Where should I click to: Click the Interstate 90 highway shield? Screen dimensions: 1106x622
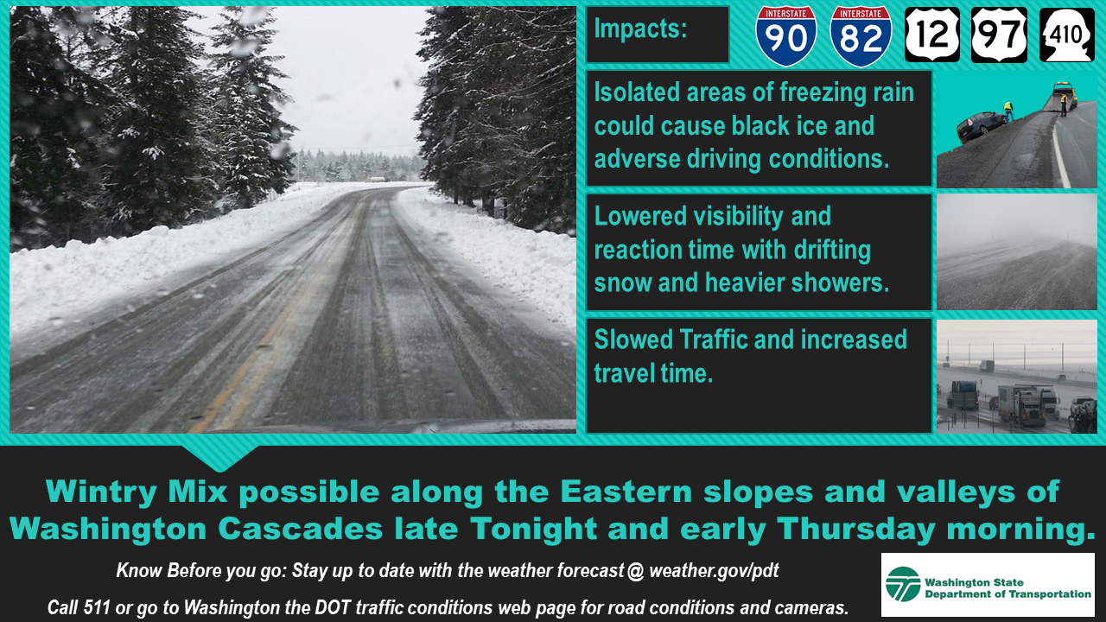pyautogui.click(x=786, y=36)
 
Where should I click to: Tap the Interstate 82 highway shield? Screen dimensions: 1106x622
pyautogui.click(x=861, y=36)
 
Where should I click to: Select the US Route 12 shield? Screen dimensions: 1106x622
pyautogui.click(x=932, y=35)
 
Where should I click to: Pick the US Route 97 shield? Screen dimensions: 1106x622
pyautogui.click(x=1000, y=35)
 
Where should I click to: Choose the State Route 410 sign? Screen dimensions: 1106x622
pyautogui.click(x=1067, y=35)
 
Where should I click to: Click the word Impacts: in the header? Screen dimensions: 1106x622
pyautogui.click(x=640, y=29)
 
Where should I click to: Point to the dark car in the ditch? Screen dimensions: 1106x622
pyautogui.click(x=982, y=126)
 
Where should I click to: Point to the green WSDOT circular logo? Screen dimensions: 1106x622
pyautogui.click(x=903, y=584)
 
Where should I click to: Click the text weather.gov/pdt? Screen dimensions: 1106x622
pyautogui.click(x=714, y=571)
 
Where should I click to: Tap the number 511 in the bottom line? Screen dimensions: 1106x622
pyautogui.click(x=96, y=607)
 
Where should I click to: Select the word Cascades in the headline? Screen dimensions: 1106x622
pyautogui.click(x=300, y=529)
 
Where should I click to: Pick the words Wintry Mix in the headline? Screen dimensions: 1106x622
pyautogui.click(x=137, y=492)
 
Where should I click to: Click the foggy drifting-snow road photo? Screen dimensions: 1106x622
pyautogui.click(x=1017, y=251)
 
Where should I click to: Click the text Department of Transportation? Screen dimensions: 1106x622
pyautogui.click(x=1007, y=593)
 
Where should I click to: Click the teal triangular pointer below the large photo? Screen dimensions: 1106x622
pyautogui.click(x=220, y=456)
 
